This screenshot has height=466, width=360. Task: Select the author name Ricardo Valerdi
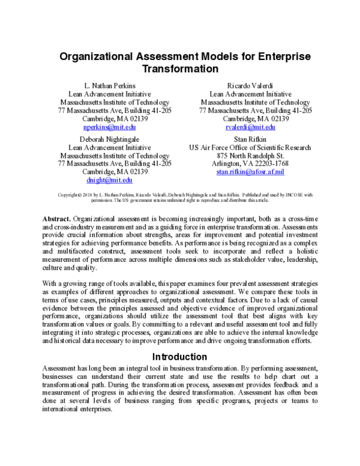(251, 85)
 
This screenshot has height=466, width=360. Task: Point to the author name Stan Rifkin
(250, 138)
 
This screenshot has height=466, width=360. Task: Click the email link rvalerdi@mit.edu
(251, 127)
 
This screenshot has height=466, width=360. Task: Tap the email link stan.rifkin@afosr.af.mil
(250, 172)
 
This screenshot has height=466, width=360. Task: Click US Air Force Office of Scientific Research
(250, 147)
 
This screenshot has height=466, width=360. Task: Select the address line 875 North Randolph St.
(250, 155)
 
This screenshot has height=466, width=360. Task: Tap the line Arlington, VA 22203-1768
(250, 163)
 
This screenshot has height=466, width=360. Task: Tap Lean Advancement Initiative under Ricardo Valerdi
(251, 94)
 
